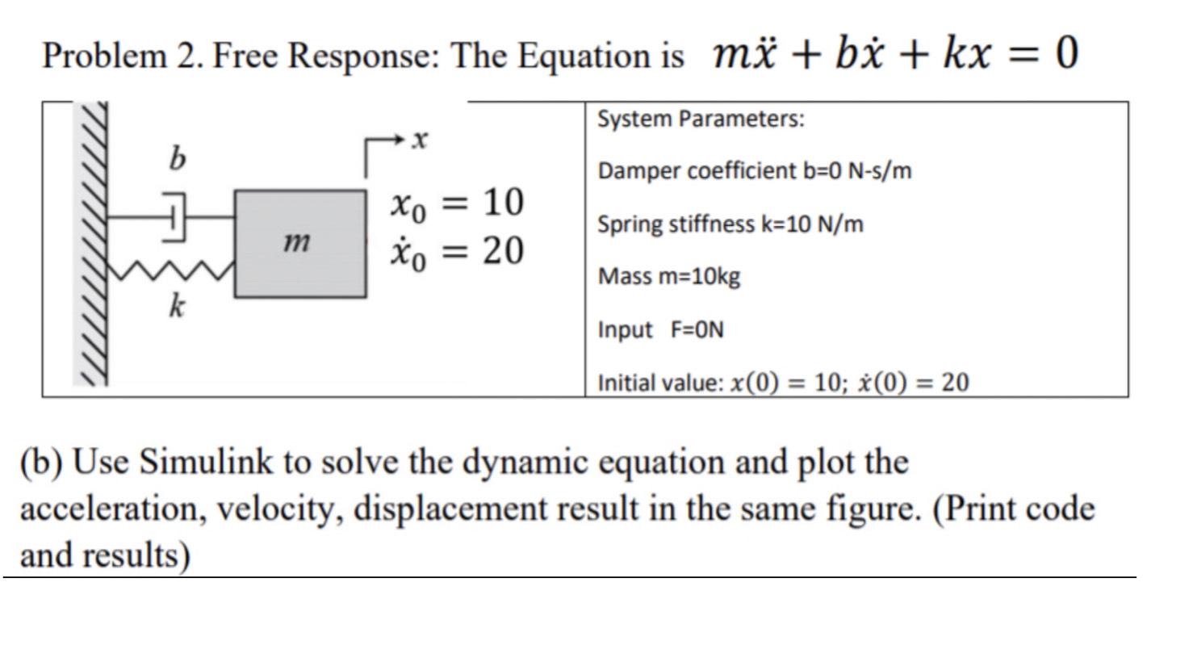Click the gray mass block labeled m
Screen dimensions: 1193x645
point(299,244)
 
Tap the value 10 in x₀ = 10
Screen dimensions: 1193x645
point(503,202)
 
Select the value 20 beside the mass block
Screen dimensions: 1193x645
point(503,250)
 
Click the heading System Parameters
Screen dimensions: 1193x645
point(701,119)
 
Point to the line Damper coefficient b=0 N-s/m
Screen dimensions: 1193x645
point(755,171)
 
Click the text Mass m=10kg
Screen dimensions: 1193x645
point(668,277)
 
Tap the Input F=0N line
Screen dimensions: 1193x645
point(660,329)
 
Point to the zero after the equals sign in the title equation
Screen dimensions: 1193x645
point(1065,54)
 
